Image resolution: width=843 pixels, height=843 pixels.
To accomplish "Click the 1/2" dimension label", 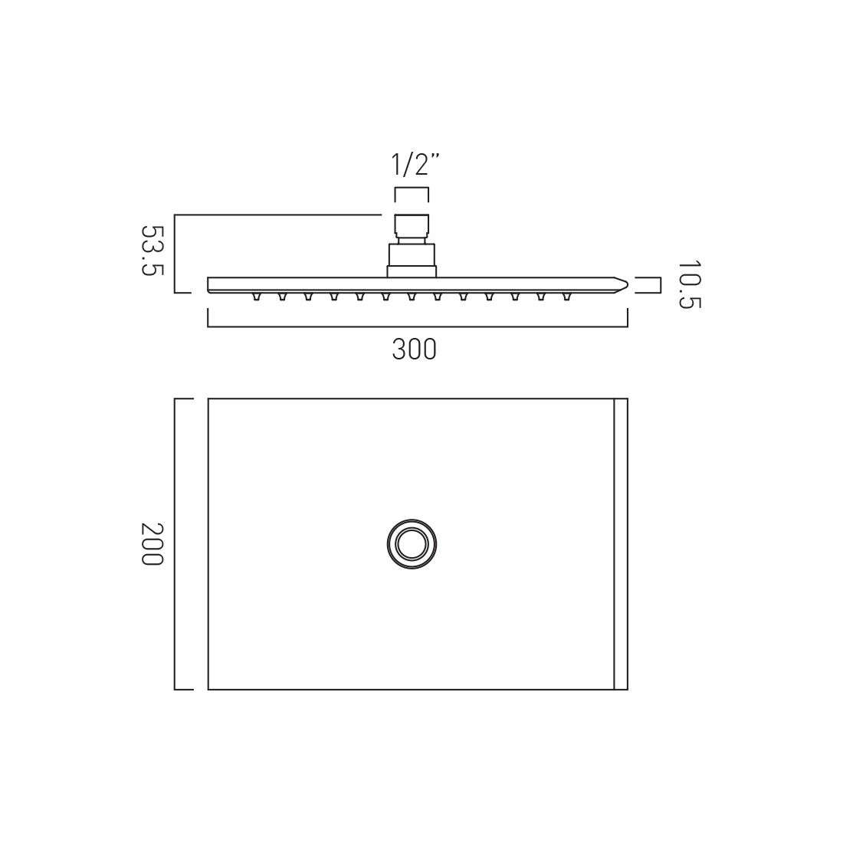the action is click(x=413, y=164).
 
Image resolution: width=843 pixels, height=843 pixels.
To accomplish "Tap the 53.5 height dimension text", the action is click(x=152, y=250).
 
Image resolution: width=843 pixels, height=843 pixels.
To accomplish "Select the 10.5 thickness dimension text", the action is click(x=689, y=285).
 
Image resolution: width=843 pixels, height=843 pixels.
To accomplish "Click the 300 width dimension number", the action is click(x=414, y=349).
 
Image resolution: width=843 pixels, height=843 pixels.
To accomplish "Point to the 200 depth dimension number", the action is click(x=152, y=543).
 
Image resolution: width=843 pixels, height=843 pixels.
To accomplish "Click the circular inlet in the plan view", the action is click(x=412, y=544).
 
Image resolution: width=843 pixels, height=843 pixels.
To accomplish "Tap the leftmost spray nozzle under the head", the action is click(x=256, y=297).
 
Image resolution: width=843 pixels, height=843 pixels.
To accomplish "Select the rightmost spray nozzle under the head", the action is click(x=566, y=297).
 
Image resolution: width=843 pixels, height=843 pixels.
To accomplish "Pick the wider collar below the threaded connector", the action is click(x=412, y=260).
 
